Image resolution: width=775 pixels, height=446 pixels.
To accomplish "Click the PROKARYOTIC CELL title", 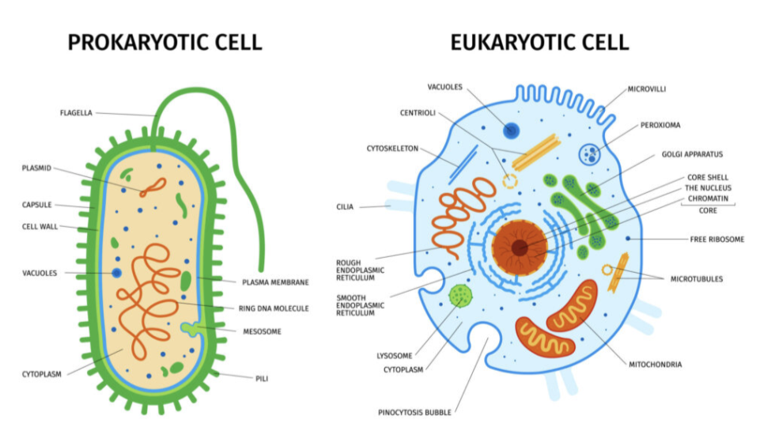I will point(164,42).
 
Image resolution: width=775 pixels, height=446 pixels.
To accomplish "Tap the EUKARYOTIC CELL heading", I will point(539,42).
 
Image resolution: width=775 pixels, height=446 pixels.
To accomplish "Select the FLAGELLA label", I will point(76,113).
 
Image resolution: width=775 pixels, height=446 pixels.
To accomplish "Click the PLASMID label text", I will point(36,168).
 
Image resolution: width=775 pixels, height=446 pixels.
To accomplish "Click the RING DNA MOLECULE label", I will point(274,308).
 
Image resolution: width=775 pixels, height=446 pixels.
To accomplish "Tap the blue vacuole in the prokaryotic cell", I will point(117,273).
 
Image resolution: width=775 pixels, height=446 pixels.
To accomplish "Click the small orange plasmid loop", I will point(153,187).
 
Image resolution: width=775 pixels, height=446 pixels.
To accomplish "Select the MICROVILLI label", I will point(647,89).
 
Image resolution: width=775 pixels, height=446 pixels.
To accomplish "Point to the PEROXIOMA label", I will point(660,125).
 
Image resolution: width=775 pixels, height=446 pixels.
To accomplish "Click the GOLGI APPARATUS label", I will point(692,154).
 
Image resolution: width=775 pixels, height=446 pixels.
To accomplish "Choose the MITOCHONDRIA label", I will point(655,365).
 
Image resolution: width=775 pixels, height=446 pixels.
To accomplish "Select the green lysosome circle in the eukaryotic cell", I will point(459,297).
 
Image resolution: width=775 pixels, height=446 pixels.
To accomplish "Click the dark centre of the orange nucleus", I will point(519,248).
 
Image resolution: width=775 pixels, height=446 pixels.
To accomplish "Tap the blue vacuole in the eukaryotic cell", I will point(512,131).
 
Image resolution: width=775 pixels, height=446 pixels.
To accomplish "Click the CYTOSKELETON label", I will point(392,148).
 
